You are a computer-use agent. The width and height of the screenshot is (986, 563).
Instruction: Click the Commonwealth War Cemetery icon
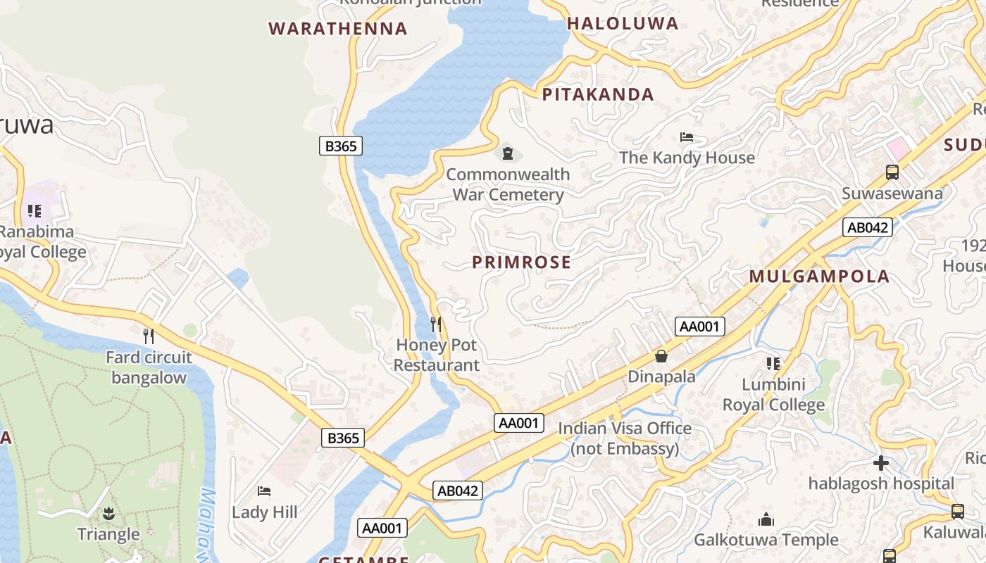click(507, 153)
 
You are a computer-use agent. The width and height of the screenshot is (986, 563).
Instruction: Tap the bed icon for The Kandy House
click(687, 137)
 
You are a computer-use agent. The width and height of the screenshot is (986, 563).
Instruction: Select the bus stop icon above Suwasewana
click(892, 172)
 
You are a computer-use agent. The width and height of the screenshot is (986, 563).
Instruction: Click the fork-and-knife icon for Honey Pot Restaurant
click(436, 324)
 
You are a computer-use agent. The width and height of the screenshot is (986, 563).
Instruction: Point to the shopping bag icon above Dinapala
click(661, 356)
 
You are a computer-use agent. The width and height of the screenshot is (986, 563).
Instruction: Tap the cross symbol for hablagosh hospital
click(880, 463)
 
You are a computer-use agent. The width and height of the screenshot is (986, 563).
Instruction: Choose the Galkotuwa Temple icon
click(766, 520)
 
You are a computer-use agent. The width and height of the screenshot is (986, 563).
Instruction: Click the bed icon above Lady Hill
click(264, 491)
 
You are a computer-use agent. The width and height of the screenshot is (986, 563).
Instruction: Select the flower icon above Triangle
click(108, 514)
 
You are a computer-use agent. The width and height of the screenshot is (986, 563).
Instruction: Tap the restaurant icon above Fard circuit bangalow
click(149, 336)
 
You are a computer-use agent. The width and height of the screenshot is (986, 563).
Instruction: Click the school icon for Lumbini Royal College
click(773, 364)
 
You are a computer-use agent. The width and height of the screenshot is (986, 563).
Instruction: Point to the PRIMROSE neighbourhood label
click(521, 262)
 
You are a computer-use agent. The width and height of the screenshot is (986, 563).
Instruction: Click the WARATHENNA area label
click(338, 29)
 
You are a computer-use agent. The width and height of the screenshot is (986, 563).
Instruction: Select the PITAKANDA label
click(598, 94)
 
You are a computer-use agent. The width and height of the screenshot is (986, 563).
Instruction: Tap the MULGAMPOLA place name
click(819, 277)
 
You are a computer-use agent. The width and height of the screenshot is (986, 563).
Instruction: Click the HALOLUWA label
click(623, 23)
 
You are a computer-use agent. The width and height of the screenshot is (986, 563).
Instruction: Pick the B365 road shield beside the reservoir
click(341, 146)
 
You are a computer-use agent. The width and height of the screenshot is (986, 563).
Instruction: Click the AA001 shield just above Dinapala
click(699, 326)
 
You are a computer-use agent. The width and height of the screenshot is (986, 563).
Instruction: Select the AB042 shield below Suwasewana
click(868, 227)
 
